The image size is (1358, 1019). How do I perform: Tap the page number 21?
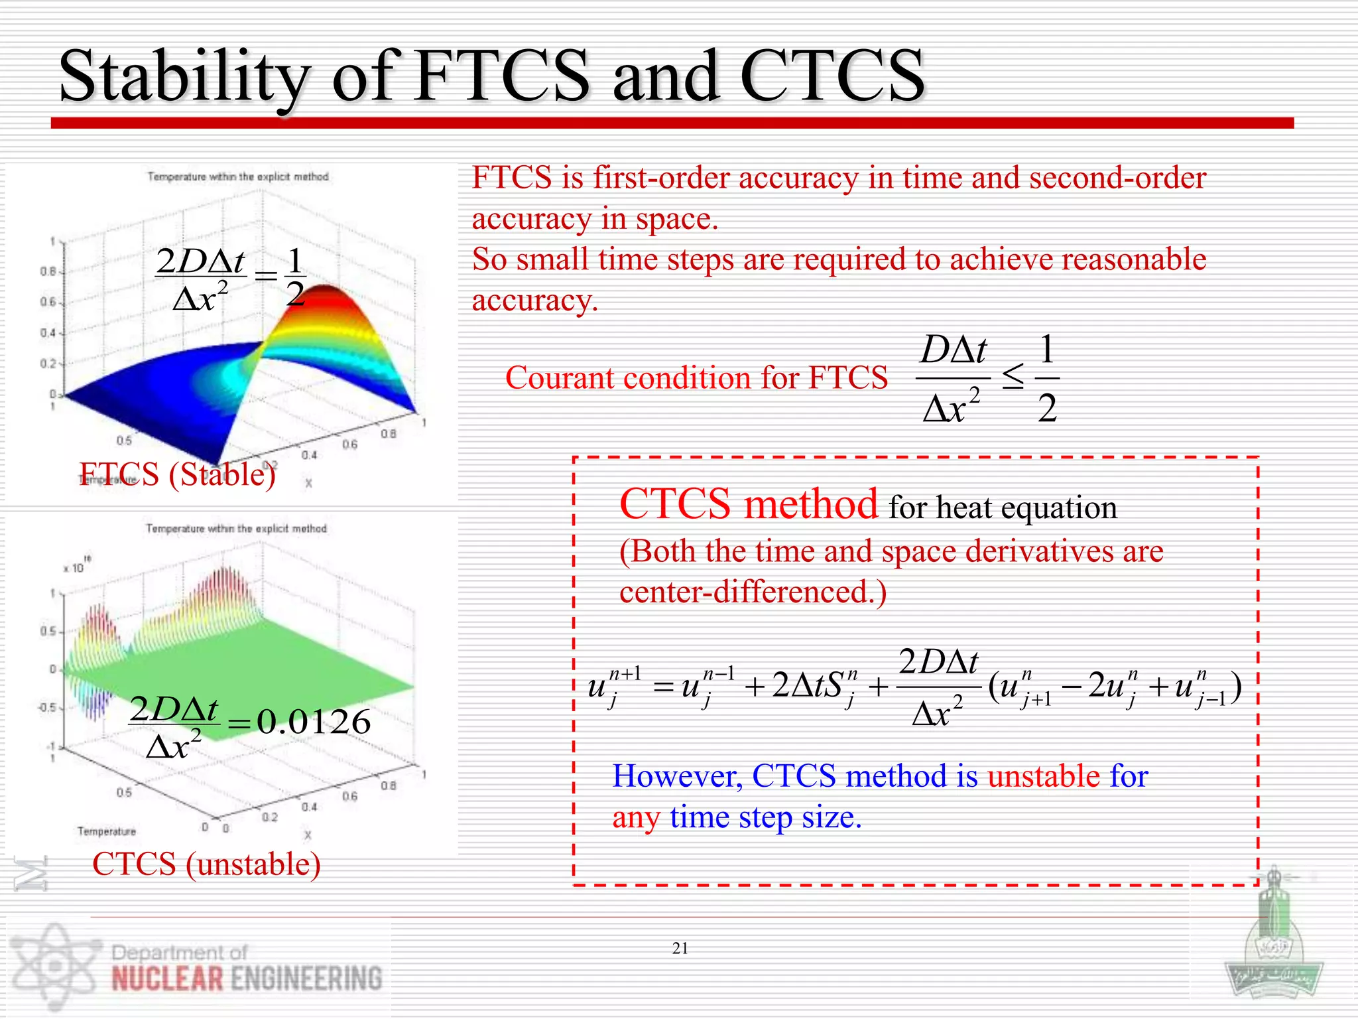(x=680, y=948)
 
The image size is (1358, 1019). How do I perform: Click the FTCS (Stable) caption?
(x=178, y=474)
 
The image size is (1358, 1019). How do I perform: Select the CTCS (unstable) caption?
(x=206, y=864)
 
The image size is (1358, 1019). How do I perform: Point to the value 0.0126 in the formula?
(x=314, y=722)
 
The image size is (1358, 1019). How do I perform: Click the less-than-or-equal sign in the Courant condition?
(x=1013, y=377)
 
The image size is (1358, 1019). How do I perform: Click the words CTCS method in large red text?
(x=748, y=504)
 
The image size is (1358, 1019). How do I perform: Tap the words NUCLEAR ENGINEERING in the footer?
(x=247, y=979)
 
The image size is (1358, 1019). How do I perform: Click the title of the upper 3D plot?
(x=238, y=176)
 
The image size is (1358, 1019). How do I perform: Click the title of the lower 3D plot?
(x=237, y=529)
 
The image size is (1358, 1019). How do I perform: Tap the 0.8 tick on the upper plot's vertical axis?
(x=48, y=271)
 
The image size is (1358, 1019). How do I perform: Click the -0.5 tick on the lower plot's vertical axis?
(x=46, y=708)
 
